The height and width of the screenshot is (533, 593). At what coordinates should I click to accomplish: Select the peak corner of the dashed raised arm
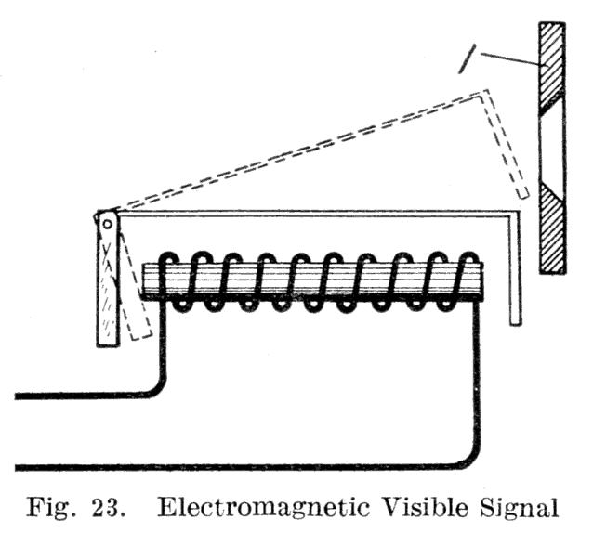coord(485,91)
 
